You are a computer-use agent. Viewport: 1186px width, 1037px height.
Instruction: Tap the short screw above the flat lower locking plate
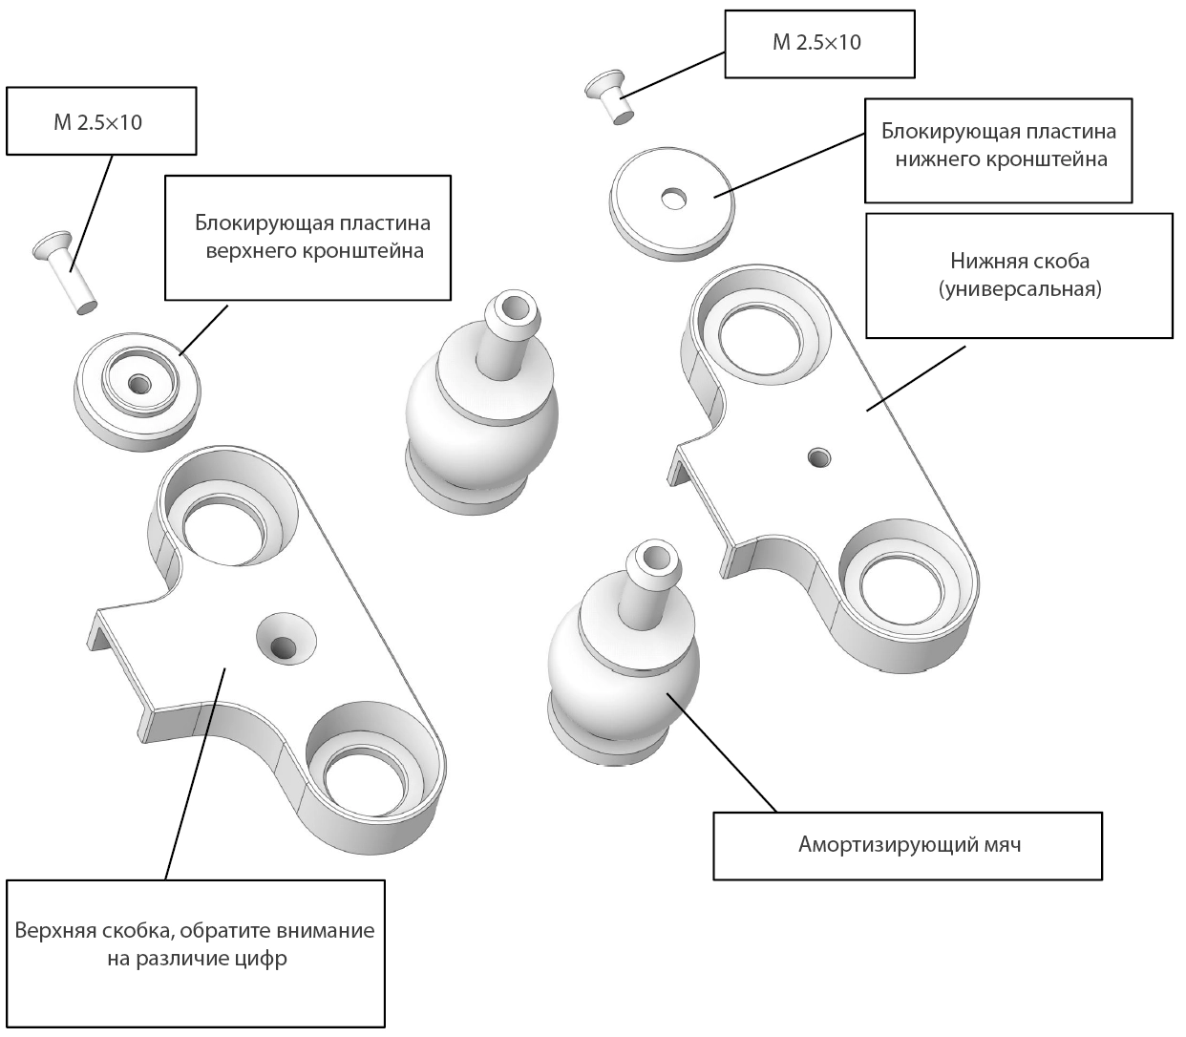click(x=607, y=95)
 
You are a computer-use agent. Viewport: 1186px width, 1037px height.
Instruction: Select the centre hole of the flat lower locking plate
click(x=673, y=199)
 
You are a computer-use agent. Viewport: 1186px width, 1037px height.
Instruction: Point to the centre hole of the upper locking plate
click(x=139, y=384)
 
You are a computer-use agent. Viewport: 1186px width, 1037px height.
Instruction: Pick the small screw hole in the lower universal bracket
click(x=819, y=457)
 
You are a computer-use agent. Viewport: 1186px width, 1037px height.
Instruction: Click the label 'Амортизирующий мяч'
click(x=909, y=844)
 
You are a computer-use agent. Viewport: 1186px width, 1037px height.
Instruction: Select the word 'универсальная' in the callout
click(x=1020, y=289)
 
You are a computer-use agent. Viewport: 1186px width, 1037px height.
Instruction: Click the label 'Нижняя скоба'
click(x=1020, y=261)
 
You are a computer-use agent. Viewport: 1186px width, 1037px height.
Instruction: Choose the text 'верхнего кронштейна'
click(x=315, y=251)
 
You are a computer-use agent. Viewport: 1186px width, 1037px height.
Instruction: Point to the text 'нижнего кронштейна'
click(x=1001, y=159)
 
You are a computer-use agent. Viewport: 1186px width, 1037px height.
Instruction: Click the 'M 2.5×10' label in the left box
click(x=97, y=122)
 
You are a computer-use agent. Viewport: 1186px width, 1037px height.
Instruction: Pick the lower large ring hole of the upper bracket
click(x=365, y=781)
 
